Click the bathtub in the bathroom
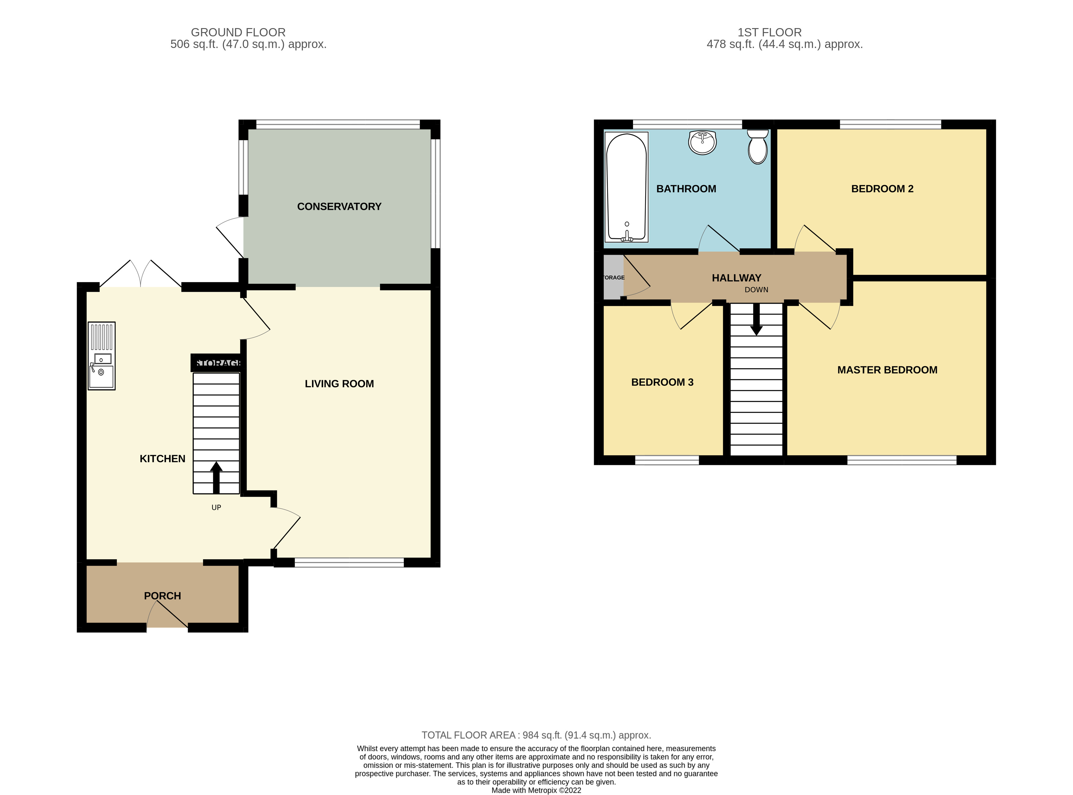click(x=626, y=187)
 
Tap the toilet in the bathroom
click(x=758, y=147)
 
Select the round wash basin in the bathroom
click(x=703, y=142)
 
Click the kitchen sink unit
click(x=102, y=356)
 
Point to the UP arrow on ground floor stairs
click(x=216, y=477)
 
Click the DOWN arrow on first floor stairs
click(x=756, y=320)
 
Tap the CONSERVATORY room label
click(x=339, y=206)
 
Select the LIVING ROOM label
click(x=339, y=384)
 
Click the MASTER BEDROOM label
click(x=887, y=370)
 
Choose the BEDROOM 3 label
click(x=662, y=382)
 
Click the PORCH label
click(x=162, y=596)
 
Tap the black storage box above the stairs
click(x=216, y=363)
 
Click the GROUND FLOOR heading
click(x=238, y=32)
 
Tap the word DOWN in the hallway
click(x=756, y=290)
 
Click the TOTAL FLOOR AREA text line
click(x=536, y=735)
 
